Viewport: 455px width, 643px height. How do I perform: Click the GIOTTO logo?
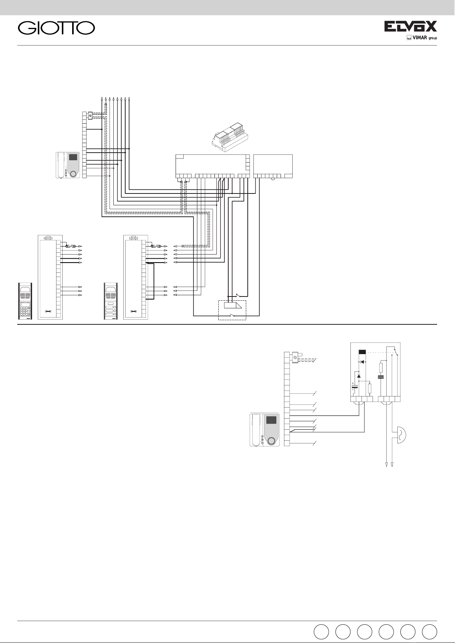tap(56, 28)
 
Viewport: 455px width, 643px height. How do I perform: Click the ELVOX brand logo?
tap(410, 26)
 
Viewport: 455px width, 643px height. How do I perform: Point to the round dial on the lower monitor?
tap(271, 441)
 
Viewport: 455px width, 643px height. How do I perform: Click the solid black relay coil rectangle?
tap(362, 352)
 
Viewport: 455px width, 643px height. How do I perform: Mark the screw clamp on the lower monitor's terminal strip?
tap(295, 358)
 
